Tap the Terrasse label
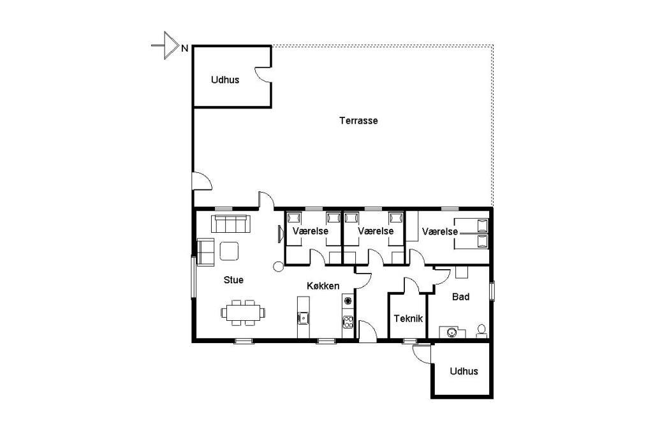click(358, 121)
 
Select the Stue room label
click(233, 280)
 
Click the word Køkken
click(323, 286)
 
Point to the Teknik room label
click(408, 319)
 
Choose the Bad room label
click(460, 297)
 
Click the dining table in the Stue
click(243, 312)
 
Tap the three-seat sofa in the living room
click(231, 224)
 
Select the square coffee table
click(229, 251)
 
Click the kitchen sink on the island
click(304, 318)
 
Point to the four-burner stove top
click(348, 321)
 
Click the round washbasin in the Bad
click(451, 332)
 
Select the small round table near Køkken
click(278, 267)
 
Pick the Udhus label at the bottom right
click(464, 371)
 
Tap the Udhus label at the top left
click(225, 80)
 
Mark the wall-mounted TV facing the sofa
click(281, 233)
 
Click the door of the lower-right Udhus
click(421, 354)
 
